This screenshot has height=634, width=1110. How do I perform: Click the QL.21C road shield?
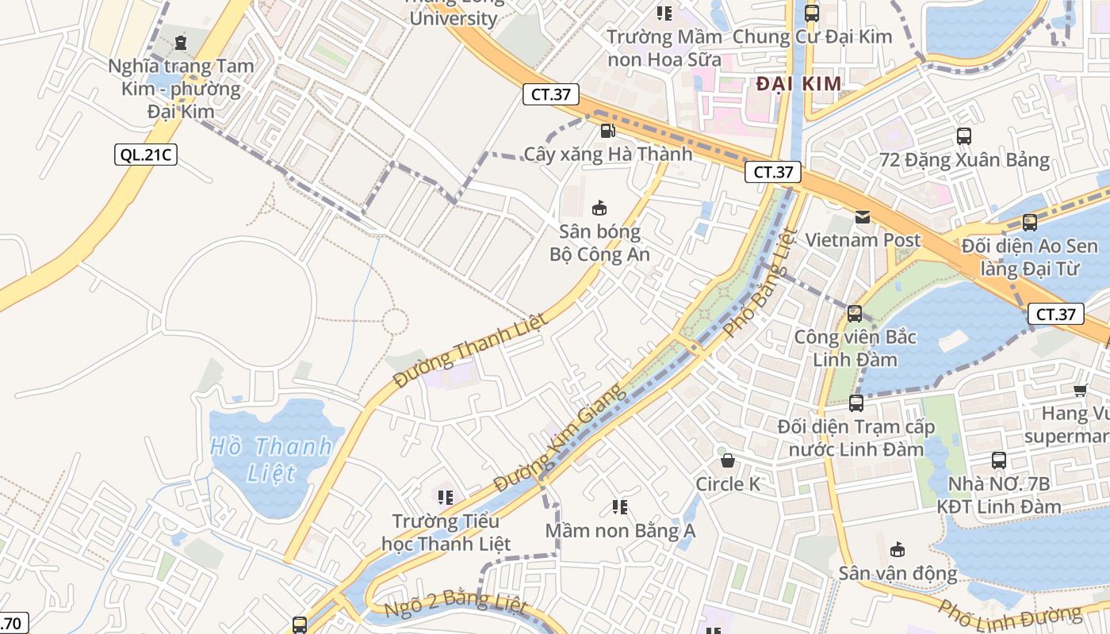point(145,154)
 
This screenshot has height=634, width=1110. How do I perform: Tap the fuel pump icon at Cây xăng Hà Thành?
point(607,130)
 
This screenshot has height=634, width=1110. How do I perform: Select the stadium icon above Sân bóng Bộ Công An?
point(599,208)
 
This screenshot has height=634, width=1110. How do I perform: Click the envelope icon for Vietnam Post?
point(863,216)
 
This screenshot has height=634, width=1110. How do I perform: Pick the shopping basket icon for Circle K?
point(727,460)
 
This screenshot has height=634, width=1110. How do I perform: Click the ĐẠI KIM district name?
point(798,84)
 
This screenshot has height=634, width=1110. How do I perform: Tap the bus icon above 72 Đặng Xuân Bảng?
point(964,136)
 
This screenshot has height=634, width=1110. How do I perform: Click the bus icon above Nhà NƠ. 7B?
point(999,460)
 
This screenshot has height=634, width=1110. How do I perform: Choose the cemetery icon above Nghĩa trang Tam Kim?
point(181,42)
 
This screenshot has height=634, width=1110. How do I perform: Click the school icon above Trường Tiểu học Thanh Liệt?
point(446,498)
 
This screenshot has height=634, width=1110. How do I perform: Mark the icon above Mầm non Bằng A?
point(620,506)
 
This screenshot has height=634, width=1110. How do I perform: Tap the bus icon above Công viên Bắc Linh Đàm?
point(855,314)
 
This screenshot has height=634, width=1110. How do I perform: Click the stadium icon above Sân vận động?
point(898,549)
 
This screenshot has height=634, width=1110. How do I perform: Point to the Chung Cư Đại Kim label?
point(812,36)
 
